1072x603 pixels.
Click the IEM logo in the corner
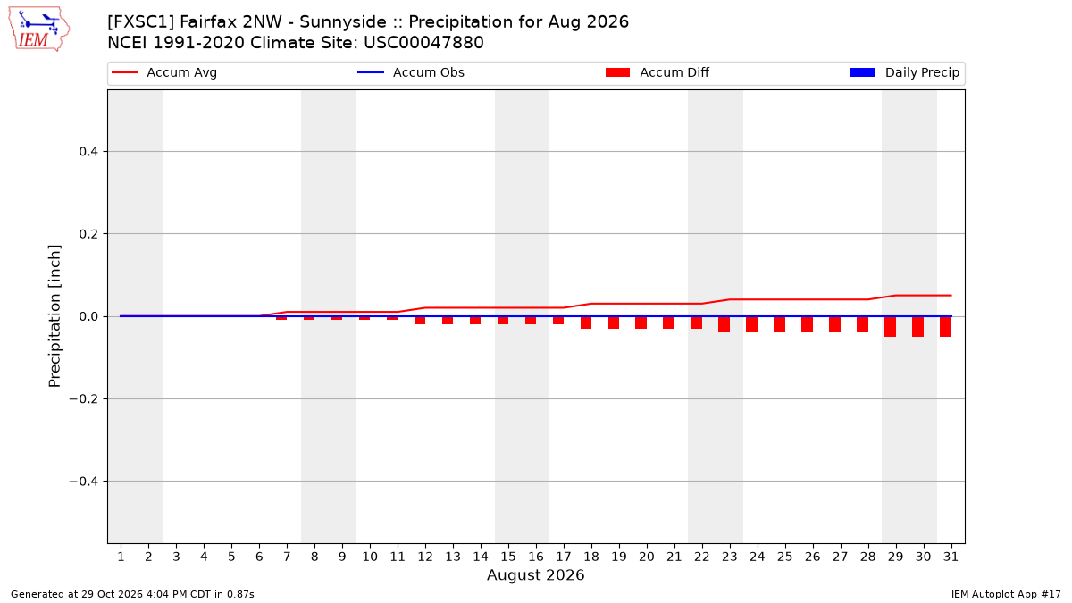(39, 29)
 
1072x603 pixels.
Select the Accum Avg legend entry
(164, 72)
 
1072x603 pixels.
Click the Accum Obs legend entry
(411, 72)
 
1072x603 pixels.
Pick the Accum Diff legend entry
(657, 72)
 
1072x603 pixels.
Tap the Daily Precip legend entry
(904, 72)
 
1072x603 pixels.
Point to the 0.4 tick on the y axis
(88, 152)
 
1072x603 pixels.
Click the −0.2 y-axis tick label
(84, 399)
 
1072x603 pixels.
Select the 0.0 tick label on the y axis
(88, 317)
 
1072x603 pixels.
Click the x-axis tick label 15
(508, 557)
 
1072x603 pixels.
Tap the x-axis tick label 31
(951, 557)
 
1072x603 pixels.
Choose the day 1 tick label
(121, 557)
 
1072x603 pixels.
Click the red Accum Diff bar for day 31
(946, 327)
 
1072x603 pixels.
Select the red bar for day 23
(724, 324)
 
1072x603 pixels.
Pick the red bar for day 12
(420, 321)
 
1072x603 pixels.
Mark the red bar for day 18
(586, 322)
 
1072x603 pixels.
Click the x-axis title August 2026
(535, 575)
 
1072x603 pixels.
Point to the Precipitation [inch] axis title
(54, 316)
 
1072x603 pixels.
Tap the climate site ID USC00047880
(423, 43)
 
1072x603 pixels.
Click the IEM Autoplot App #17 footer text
(1006, 594)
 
